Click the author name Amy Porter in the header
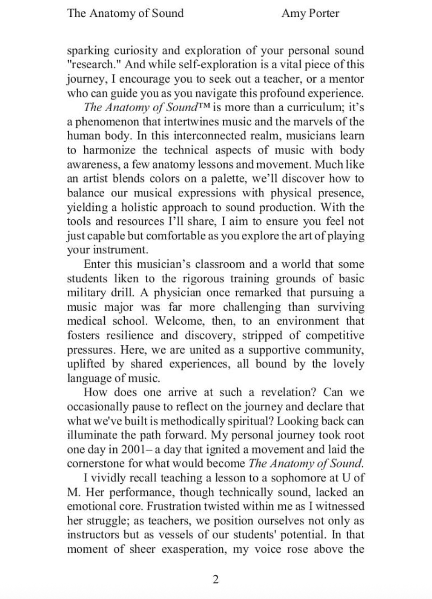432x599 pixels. click(310, 13)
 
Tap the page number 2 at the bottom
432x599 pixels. click(216, 579)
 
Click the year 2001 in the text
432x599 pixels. click(131, 449)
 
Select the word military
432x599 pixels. click(85, 293)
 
